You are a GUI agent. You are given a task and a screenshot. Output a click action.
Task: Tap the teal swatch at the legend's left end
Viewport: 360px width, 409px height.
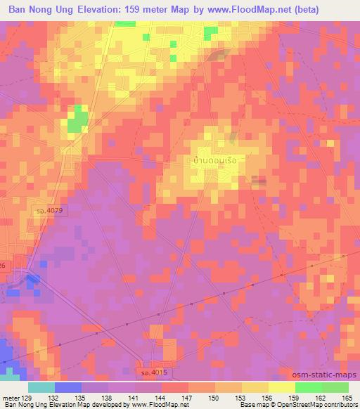pyautogui.click(x=41, y=387)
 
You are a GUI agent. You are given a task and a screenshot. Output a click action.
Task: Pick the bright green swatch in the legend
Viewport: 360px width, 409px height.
pyautogui.click(x=309, y=387)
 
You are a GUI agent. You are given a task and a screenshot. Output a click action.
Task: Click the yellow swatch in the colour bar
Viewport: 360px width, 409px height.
pyautogui.click(x=282, y=387)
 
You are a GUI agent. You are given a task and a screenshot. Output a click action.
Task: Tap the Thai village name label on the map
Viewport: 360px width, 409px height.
pyautogui.click(x=218, y=160)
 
